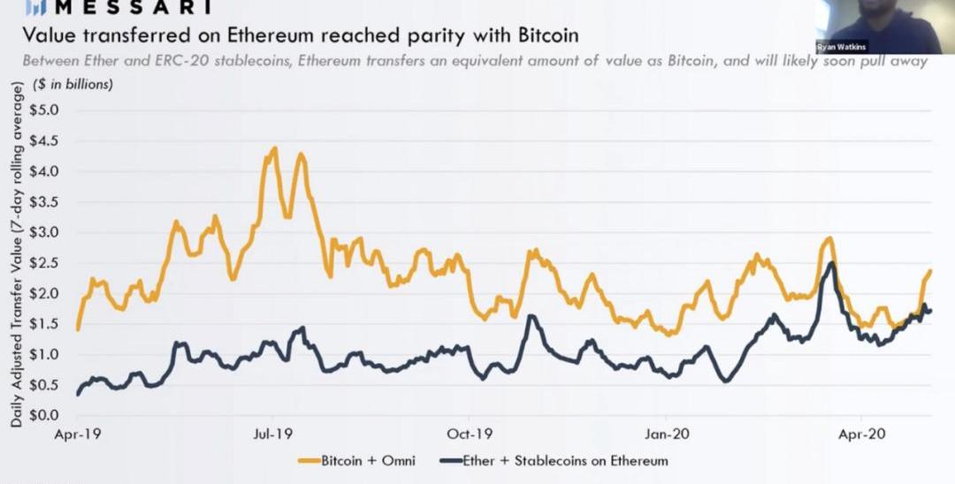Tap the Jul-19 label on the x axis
coord(272,435)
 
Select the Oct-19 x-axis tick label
coord(470,435)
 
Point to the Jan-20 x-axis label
coord(667,435)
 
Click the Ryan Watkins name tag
coord(841,47)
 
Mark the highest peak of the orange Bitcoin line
coord(274,148)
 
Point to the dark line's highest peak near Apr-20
coord(831,263)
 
